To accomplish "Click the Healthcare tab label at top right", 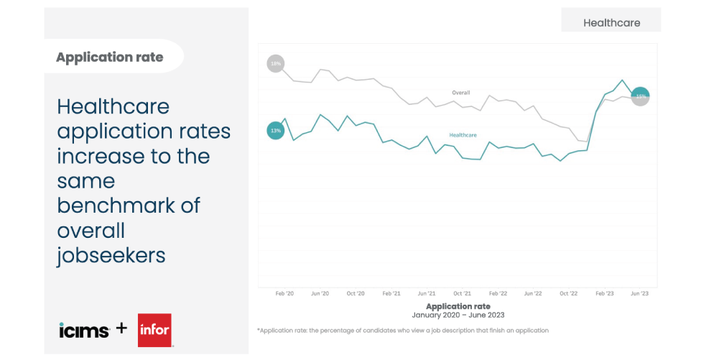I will pos(611,22).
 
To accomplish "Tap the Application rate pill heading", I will pos(110,57).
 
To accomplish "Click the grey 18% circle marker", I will pos(275,64).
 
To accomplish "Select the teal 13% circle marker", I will pos(275,131).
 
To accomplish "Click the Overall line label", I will pos(460,93).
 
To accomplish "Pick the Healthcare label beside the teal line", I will pos(463,135).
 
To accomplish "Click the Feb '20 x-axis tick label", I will pos(284,294).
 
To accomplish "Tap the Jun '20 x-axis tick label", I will pos(320,294).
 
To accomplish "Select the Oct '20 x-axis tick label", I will pos(356,294).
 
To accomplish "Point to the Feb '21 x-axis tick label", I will pos(391,294).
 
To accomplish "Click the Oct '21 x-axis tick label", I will pos(462,294).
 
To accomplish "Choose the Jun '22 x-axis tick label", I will pos(533,294).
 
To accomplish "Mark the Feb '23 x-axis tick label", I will pos(605,294).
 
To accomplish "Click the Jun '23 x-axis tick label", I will pos(639,294).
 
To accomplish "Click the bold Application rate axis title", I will pos(458,306).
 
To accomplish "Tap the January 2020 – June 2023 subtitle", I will pos(458,315).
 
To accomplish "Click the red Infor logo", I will pos(154,330).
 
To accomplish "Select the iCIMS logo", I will pos(83,330).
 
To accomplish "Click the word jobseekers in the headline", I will pos(111,255).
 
